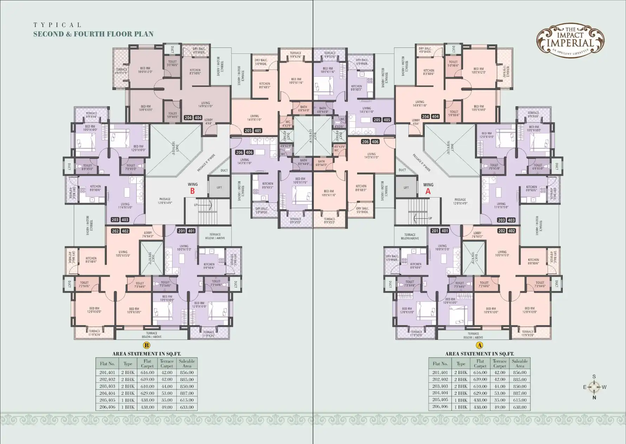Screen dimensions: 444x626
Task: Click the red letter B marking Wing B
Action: coord(192,191)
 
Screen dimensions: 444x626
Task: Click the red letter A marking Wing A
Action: coord(428,192)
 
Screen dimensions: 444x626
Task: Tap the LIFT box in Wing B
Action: coord(219,187)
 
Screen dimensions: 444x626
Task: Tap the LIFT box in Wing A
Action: coord(406,188)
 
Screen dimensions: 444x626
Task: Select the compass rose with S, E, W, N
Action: coord(594,387)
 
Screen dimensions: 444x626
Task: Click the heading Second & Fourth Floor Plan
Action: coord(93,34)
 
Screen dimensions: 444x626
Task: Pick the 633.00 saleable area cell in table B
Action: coord(187,407)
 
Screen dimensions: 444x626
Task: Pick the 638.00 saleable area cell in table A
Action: coord(520,407)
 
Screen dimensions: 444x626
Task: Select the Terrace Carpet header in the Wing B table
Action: coord(167,363)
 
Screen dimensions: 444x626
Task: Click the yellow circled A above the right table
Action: coord(480,346)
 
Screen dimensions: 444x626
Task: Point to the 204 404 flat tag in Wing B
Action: coord(193,118)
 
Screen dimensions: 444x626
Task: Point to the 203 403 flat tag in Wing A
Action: coord(506,220)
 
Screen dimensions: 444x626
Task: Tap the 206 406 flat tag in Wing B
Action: coord(244,153)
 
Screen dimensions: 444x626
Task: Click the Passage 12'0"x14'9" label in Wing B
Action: coord(165,201)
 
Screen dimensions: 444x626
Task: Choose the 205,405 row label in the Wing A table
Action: coord(441,400)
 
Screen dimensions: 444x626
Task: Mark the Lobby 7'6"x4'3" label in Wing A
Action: coord(477,234)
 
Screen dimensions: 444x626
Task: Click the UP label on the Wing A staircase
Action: coord(430,218)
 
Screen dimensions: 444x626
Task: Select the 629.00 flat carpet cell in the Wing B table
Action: coord(147,393)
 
